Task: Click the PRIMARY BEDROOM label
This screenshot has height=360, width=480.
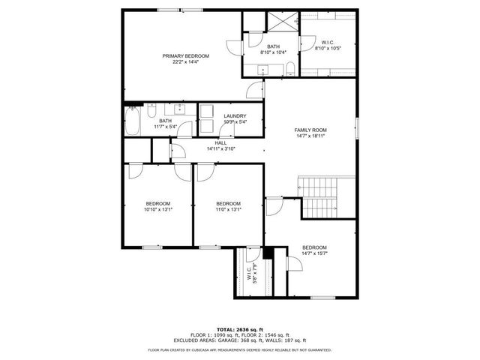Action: (x=186, y=56)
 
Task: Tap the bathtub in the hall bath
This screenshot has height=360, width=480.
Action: (x=133, y=122)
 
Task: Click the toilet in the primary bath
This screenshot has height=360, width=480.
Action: (x=289, y=70)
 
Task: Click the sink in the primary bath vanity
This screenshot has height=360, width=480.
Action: (x=262, y=70)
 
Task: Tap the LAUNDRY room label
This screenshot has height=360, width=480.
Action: (x=235, y=115)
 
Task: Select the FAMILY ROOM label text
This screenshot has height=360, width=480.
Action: (x=310, y=130)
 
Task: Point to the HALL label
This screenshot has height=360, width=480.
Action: (x=220, y=142)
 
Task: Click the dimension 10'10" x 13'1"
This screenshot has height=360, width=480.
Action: (x=158, y=209)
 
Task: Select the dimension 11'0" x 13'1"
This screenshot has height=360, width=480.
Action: (x=228, y=209)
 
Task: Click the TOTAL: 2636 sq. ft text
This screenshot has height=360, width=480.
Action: (x=240, y=328)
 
